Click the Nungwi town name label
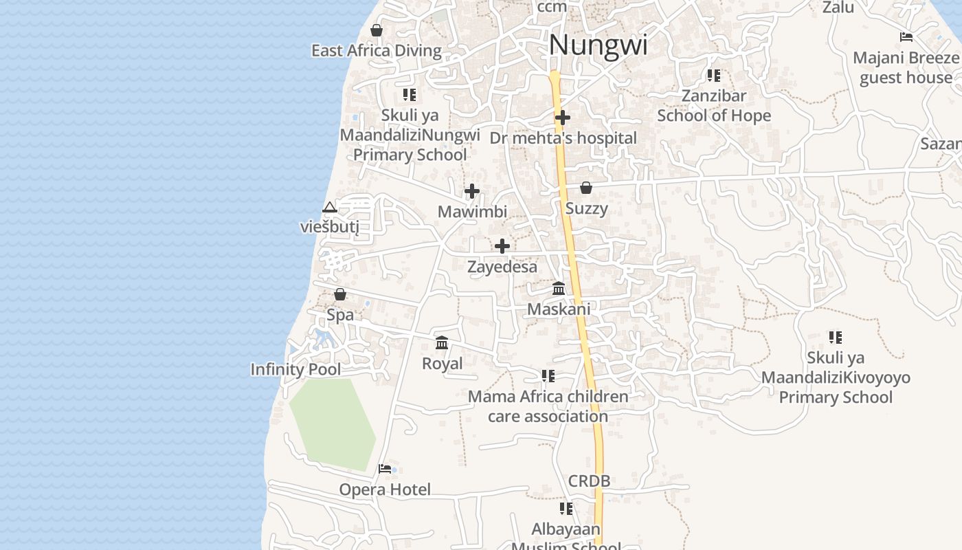(598, 45)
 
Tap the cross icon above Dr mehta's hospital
(563, 118)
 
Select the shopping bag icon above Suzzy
(586, 188)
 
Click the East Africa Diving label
(377, 51)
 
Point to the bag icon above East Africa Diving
(377, 30)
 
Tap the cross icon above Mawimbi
(472, 191)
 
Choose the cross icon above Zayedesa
(502, 246)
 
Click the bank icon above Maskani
(559, 289)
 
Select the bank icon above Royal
(442, 342)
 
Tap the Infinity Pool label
(295, 369)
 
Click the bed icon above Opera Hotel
(385, 469)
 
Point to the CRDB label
(589, 481)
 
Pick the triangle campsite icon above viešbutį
(330, 208)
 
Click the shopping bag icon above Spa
(340, 295)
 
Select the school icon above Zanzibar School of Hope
(714, 75)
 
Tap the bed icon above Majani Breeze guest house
(906, 37)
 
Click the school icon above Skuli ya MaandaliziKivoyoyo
(836, 337)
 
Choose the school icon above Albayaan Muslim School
(566, 509)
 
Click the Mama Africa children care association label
(548, 406)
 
